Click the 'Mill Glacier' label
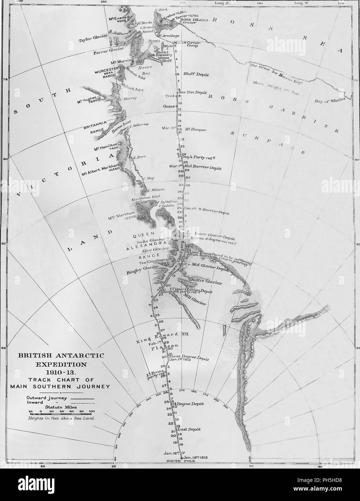pyautogui.click(x=195, y=299)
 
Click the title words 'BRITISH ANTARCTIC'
pyautogui.click(x=61, y=355)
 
